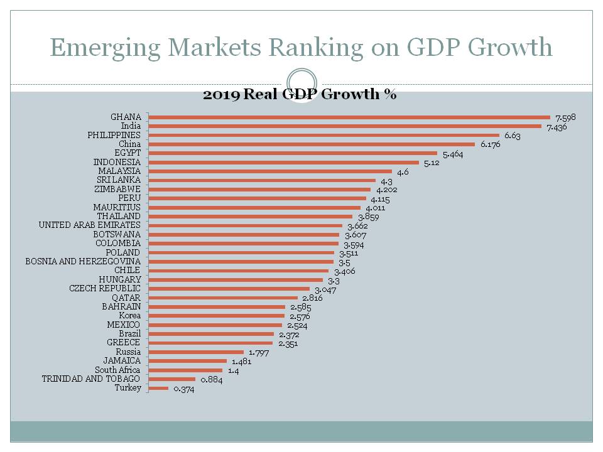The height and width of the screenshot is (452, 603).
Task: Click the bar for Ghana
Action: tap(349, 117)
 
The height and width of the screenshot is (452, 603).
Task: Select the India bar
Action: tap(345, 126)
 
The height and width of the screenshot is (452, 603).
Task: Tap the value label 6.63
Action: tap(513, 136)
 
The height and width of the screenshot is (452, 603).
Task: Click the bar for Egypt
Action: tap(293, 153)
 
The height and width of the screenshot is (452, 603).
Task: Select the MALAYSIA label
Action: tap(119, 171)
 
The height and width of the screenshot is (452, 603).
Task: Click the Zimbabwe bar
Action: tap(259, 189)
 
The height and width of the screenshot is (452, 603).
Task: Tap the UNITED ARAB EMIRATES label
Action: tap(90, 225)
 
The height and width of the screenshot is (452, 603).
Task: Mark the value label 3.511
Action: tap(349, 254)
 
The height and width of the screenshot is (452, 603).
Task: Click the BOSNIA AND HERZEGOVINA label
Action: tap(83, 261)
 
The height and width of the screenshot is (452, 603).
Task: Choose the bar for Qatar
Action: tap(223, 298)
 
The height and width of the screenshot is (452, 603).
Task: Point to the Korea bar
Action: tap(217, 316)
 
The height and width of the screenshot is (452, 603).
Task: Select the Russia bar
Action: tap(196, 352)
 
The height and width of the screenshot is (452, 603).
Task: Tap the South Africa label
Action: tap(117, 370)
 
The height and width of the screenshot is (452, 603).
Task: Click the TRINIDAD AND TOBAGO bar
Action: tap(172, 379)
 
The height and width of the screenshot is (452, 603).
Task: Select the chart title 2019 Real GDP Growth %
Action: tap(299, 95)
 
